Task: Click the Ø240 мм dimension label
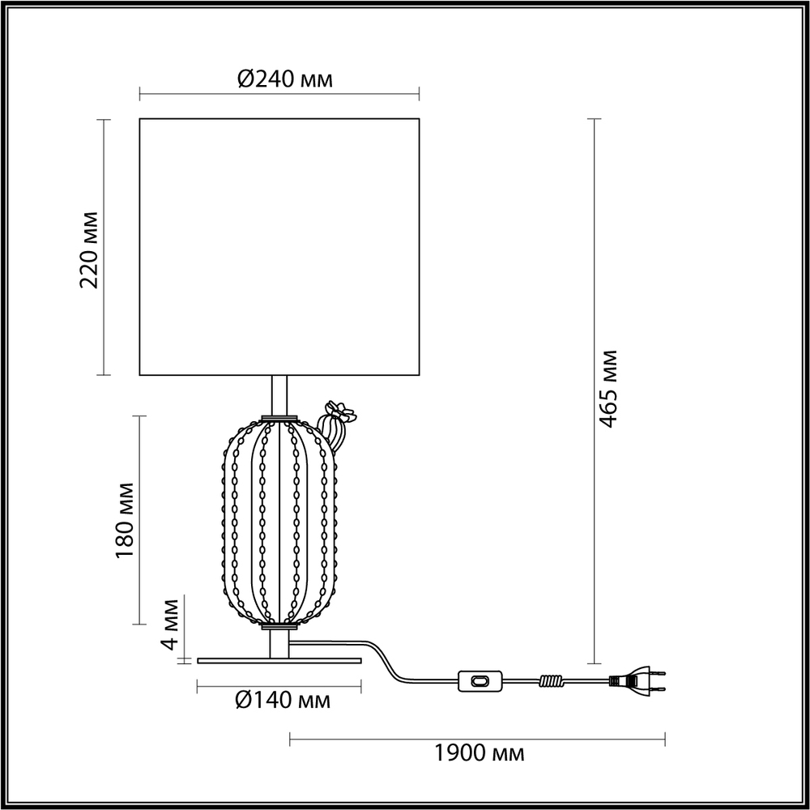[284, 79]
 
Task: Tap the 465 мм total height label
[610, 390]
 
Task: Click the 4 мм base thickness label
[171, 625]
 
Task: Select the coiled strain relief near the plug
[551, 682]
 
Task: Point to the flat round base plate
[278, 660]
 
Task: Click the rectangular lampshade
[279, 247]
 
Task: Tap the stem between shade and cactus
[279, 395]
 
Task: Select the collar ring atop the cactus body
[279, 418]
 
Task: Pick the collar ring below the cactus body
[279, 626]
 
